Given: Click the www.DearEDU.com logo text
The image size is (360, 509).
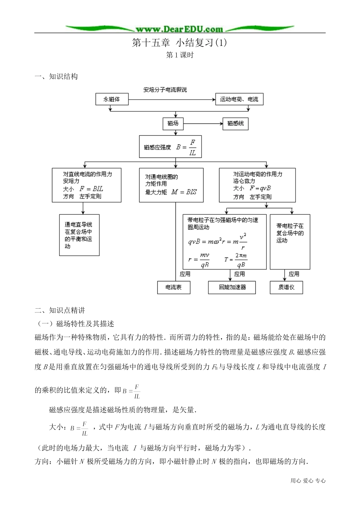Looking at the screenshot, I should click(179, 29).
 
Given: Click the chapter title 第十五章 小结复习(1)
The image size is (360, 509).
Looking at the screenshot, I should click(179, 43).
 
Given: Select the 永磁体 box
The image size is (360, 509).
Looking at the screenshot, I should click(112, 99).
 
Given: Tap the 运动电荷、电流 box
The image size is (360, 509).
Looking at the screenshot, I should click(239, 99).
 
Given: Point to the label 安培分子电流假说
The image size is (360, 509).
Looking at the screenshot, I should click(165, 90).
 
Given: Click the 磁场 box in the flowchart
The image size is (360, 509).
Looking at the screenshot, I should click(173, 123).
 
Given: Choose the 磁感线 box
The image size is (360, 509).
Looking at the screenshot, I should click(235, 123).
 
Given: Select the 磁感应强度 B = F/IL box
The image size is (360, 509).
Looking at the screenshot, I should click(170, 147).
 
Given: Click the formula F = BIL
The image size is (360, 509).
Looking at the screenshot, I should click(91, 189).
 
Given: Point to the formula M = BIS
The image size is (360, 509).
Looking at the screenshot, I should click(184, 192).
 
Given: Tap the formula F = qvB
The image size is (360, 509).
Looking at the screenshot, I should click(260, 188).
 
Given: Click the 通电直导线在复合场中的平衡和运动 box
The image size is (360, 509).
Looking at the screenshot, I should click(79, 235).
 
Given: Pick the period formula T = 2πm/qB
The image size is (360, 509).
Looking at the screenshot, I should click(235, 260).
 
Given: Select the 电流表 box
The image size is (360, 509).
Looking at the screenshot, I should click(174, 287).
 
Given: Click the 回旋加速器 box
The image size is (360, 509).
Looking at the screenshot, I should click(232, 287).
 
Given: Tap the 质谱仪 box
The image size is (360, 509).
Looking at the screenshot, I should click(286, 287).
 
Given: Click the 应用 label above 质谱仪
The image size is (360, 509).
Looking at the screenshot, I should click(294, 274).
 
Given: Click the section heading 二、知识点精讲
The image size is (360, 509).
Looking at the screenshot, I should click(60, 311).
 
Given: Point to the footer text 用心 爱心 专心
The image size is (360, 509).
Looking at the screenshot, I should click(308, 481).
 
